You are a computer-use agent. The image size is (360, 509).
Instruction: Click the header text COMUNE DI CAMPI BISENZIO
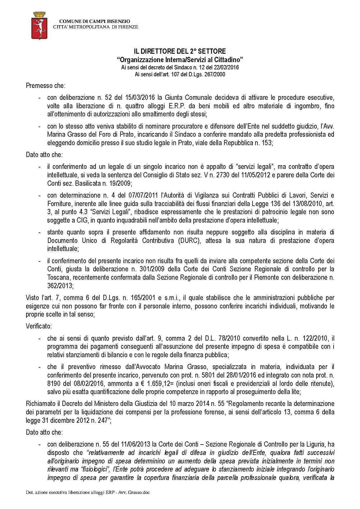coord(95,21)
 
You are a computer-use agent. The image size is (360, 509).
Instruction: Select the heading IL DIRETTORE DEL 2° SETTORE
coord(180,52)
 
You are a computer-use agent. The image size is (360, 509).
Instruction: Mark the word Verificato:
coord(39,326)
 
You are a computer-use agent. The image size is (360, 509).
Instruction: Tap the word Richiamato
coord(41,404)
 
